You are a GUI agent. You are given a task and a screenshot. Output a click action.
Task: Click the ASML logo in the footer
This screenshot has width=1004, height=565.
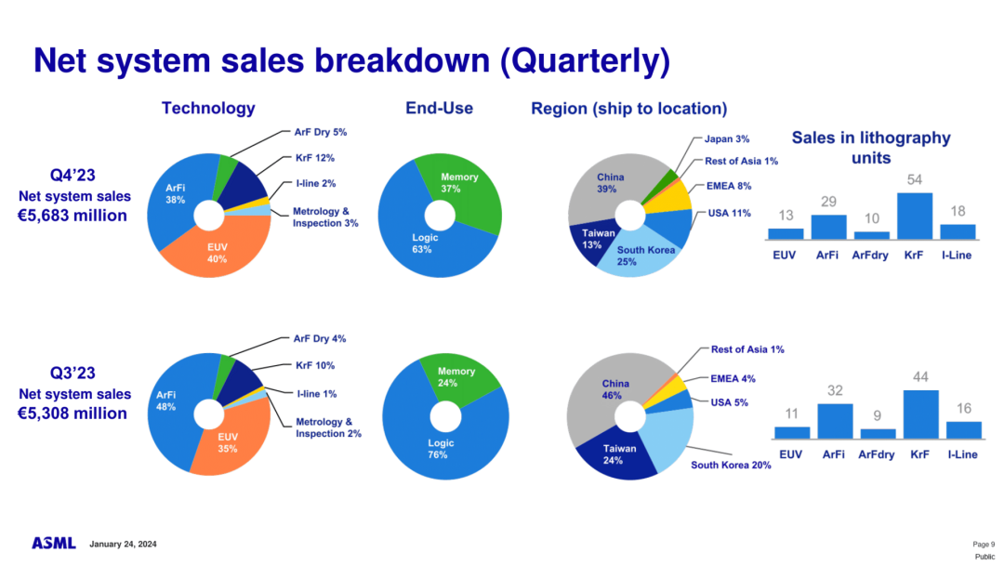[54, 543]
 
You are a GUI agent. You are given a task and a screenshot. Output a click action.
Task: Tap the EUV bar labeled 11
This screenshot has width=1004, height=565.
[791, 432]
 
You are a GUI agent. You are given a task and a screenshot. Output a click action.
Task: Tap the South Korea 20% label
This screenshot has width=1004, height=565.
[731, 465]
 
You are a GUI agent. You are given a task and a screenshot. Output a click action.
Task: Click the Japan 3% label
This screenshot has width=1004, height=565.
[727, 139]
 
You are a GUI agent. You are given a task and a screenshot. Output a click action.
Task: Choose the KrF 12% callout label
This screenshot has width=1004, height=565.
[315, 158]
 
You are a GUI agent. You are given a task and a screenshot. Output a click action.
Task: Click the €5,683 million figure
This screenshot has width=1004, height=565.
[73, 216]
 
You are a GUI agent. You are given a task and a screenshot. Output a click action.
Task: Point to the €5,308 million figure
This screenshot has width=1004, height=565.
[73, 414]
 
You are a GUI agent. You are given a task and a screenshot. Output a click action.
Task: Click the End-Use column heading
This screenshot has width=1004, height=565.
[439, 108]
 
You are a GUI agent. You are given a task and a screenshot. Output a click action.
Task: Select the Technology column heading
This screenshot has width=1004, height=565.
[208, 108]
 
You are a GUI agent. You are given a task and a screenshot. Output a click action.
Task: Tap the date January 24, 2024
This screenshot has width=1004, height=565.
[124, 544]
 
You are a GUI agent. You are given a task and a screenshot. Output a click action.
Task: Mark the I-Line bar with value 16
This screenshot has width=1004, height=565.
[963, 428]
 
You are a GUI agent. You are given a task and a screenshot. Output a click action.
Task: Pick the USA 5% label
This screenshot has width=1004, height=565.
[729, 402]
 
